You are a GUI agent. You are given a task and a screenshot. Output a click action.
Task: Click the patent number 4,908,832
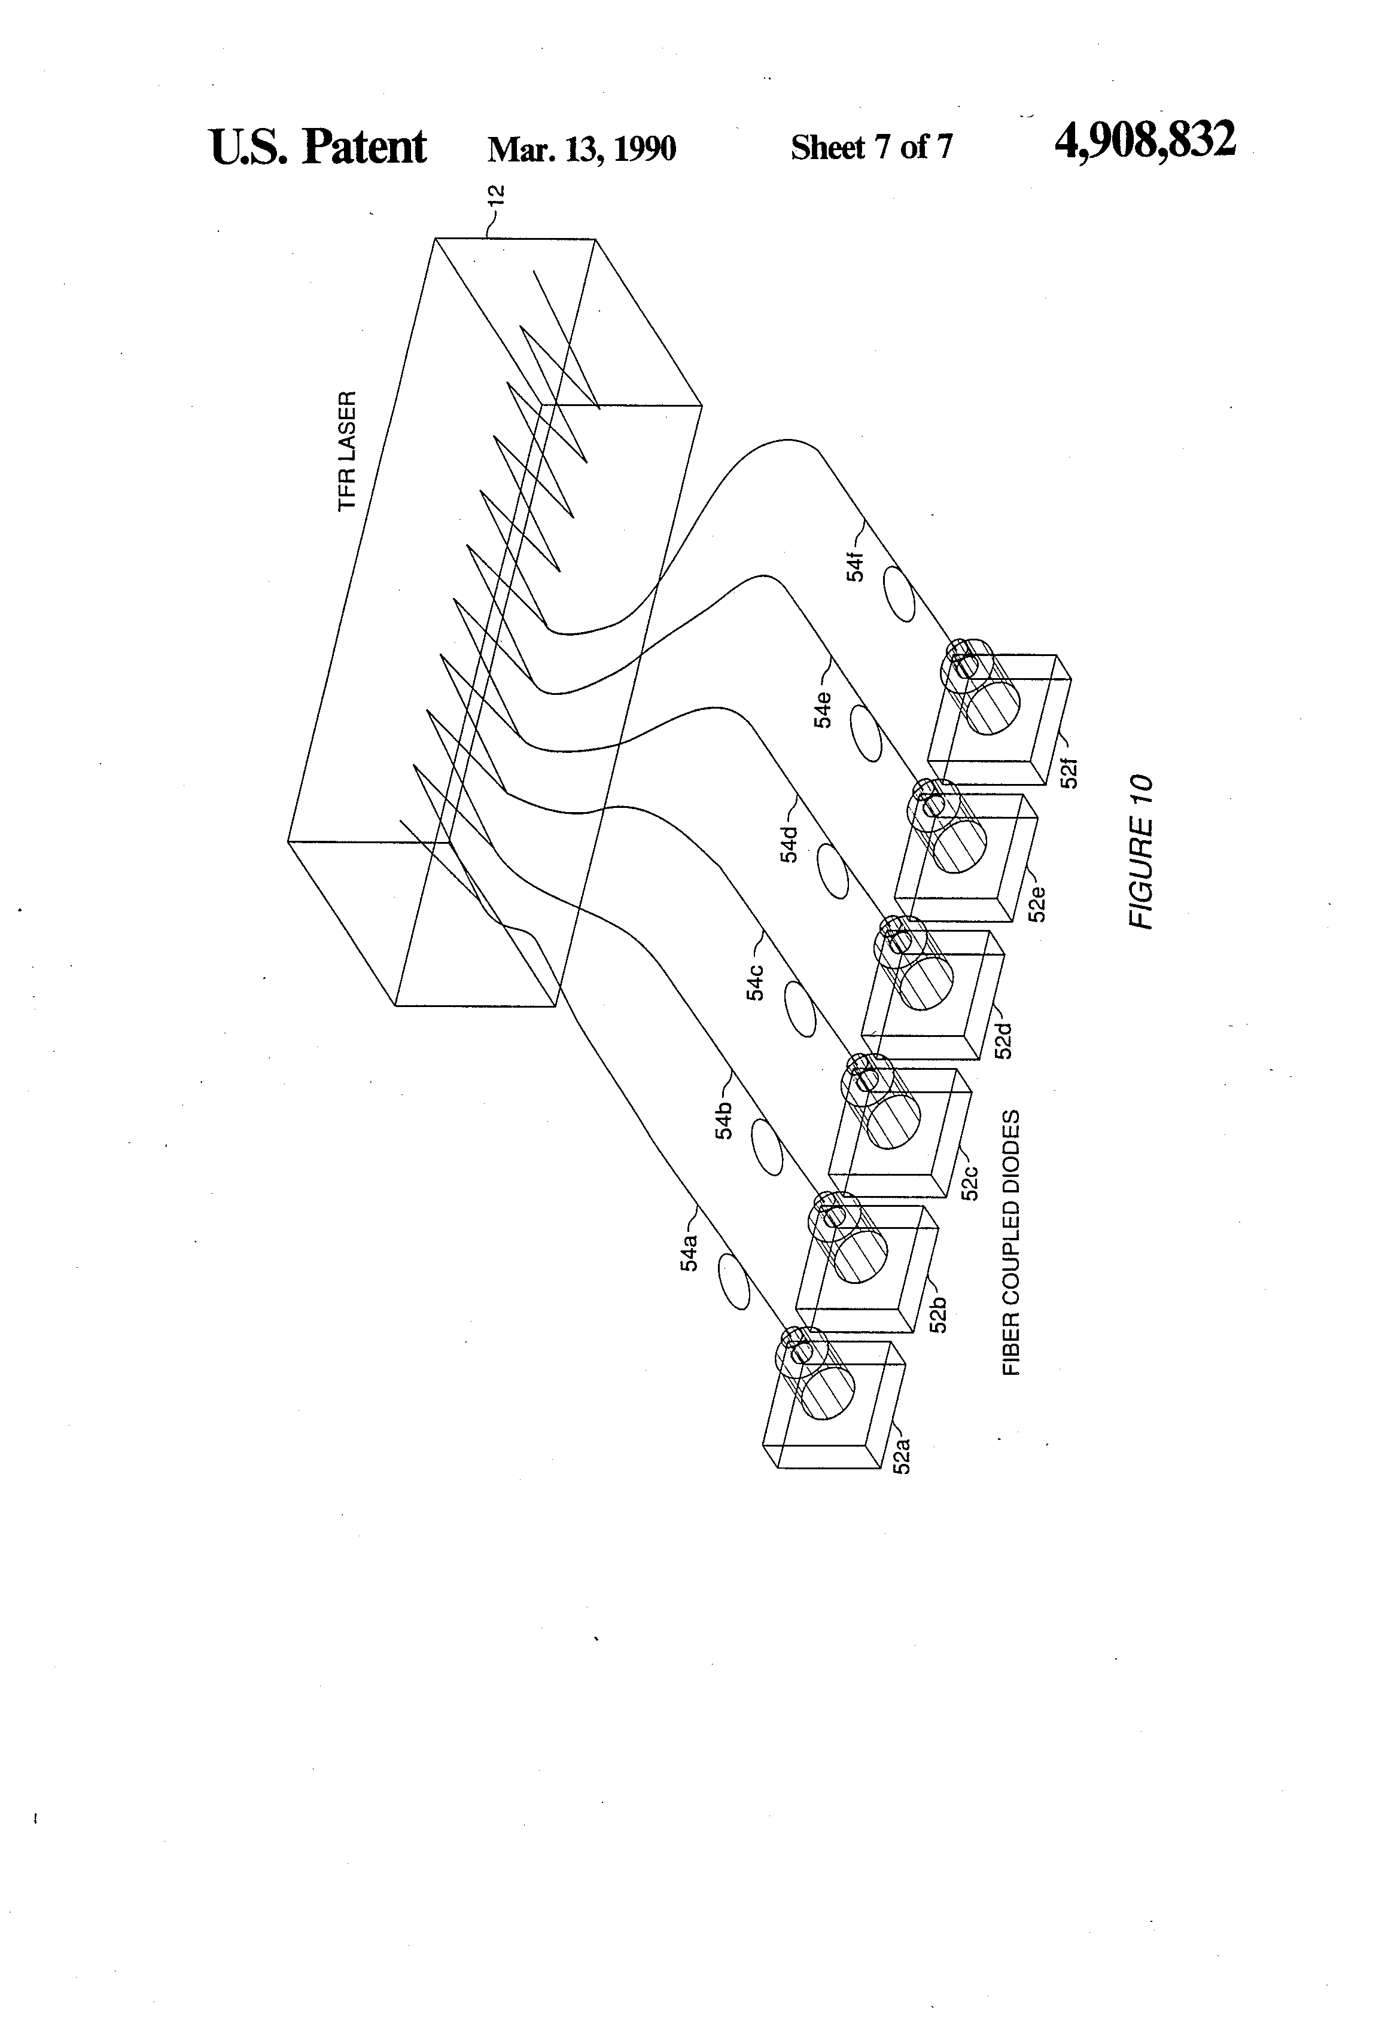tap(1145, 141)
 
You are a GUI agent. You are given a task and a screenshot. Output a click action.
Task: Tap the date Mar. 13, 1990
tap(582, 149)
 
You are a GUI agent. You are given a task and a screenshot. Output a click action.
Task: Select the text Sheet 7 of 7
tap(870, 147)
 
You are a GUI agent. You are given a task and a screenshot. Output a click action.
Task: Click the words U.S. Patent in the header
tap(318, 147)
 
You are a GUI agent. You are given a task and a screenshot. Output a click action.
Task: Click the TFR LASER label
tap(348, 451)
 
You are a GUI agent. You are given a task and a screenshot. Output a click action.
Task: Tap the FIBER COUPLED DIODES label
tap(1012, 1243)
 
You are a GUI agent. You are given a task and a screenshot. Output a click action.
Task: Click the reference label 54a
tap(690, 1252)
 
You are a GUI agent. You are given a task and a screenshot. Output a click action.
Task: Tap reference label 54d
tap(790, 843)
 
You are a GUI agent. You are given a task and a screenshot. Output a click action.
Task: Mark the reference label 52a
tap(901, 1454)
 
